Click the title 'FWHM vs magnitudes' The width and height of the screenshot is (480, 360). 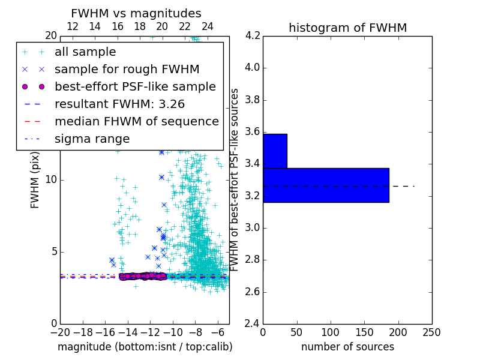coord(136,13)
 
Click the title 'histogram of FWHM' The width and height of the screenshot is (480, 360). coord(347,28)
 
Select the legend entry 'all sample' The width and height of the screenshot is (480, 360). coord(85,52)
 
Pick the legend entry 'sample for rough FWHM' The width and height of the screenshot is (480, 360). coord(127,70)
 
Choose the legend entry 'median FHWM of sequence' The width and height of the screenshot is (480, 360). coord(136,122)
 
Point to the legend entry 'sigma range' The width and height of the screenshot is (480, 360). coord(92,139)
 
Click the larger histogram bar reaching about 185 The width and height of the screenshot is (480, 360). coord(326,185)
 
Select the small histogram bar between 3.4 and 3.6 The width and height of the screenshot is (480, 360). coord(275,151)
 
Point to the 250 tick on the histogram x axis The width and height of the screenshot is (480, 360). coord(431,332)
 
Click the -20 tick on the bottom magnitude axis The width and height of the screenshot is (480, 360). coord(60,332)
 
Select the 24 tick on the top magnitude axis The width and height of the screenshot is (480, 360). coord(208,26)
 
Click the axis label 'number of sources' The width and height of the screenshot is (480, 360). coord(347,347)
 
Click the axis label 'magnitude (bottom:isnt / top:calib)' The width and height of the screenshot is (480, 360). coord(145,347)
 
